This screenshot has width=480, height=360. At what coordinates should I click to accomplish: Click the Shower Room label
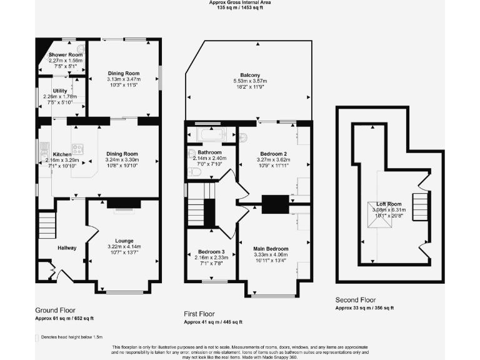[66, 55]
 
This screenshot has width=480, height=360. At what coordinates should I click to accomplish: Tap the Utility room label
[60, 91]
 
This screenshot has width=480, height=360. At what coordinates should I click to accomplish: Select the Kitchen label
[62, 154]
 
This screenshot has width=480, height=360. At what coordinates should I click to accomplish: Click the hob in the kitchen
[79, 149]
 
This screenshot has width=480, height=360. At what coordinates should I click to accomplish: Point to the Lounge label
[124, 241]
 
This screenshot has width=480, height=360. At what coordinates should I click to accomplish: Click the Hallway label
[67, 248]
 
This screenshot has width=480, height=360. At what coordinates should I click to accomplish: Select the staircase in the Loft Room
[422, 204]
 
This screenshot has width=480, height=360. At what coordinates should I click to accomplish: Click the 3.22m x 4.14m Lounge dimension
[124, 247]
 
